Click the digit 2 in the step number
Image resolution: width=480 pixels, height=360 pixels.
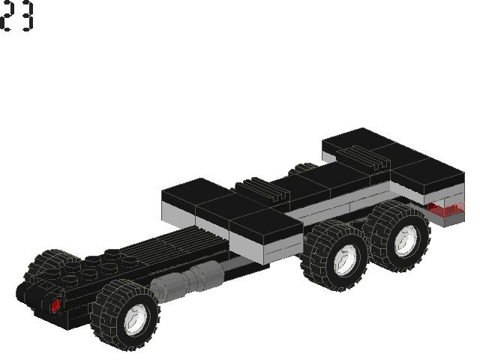click(8, 16)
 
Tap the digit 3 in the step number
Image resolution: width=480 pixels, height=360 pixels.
click(27, 16)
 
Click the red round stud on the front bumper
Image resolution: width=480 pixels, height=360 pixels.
click(55, 305)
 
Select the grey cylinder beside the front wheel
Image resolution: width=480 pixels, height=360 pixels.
click(187, 278)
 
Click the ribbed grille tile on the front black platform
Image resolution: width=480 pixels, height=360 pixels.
click(262, 190)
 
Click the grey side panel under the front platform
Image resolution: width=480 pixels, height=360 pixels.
click(247, 244)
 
